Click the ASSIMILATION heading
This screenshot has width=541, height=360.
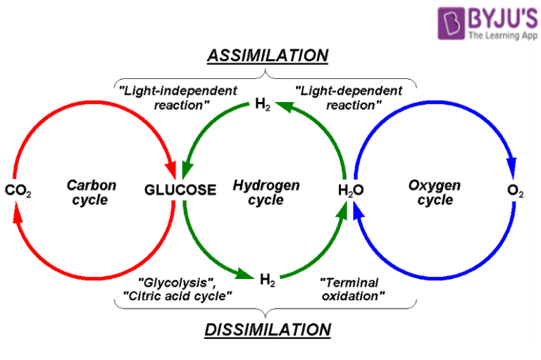pyautogui.click(x=268, y=56)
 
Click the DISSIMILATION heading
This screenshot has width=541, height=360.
pyautogui.click(x=268, y=329)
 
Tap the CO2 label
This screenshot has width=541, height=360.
pyautogui.click(x=18, y=190)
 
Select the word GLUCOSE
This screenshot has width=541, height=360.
pyautogui.click(x=180, y=190)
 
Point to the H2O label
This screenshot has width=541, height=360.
pyautogui.click(x=350, y=190)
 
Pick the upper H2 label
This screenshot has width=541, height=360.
pyautogui.click(x=262, y=106)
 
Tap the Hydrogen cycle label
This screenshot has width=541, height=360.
pyautogui.click(x=266, y=192)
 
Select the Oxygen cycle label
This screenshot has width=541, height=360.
pyautogui.click(x=435, y=192)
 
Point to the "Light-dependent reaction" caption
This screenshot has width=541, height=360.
pyautogui.click(x=349, y=98)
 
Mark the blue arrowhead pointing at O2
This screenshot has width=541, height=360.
pyautogui.click(x=512, y=170)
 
